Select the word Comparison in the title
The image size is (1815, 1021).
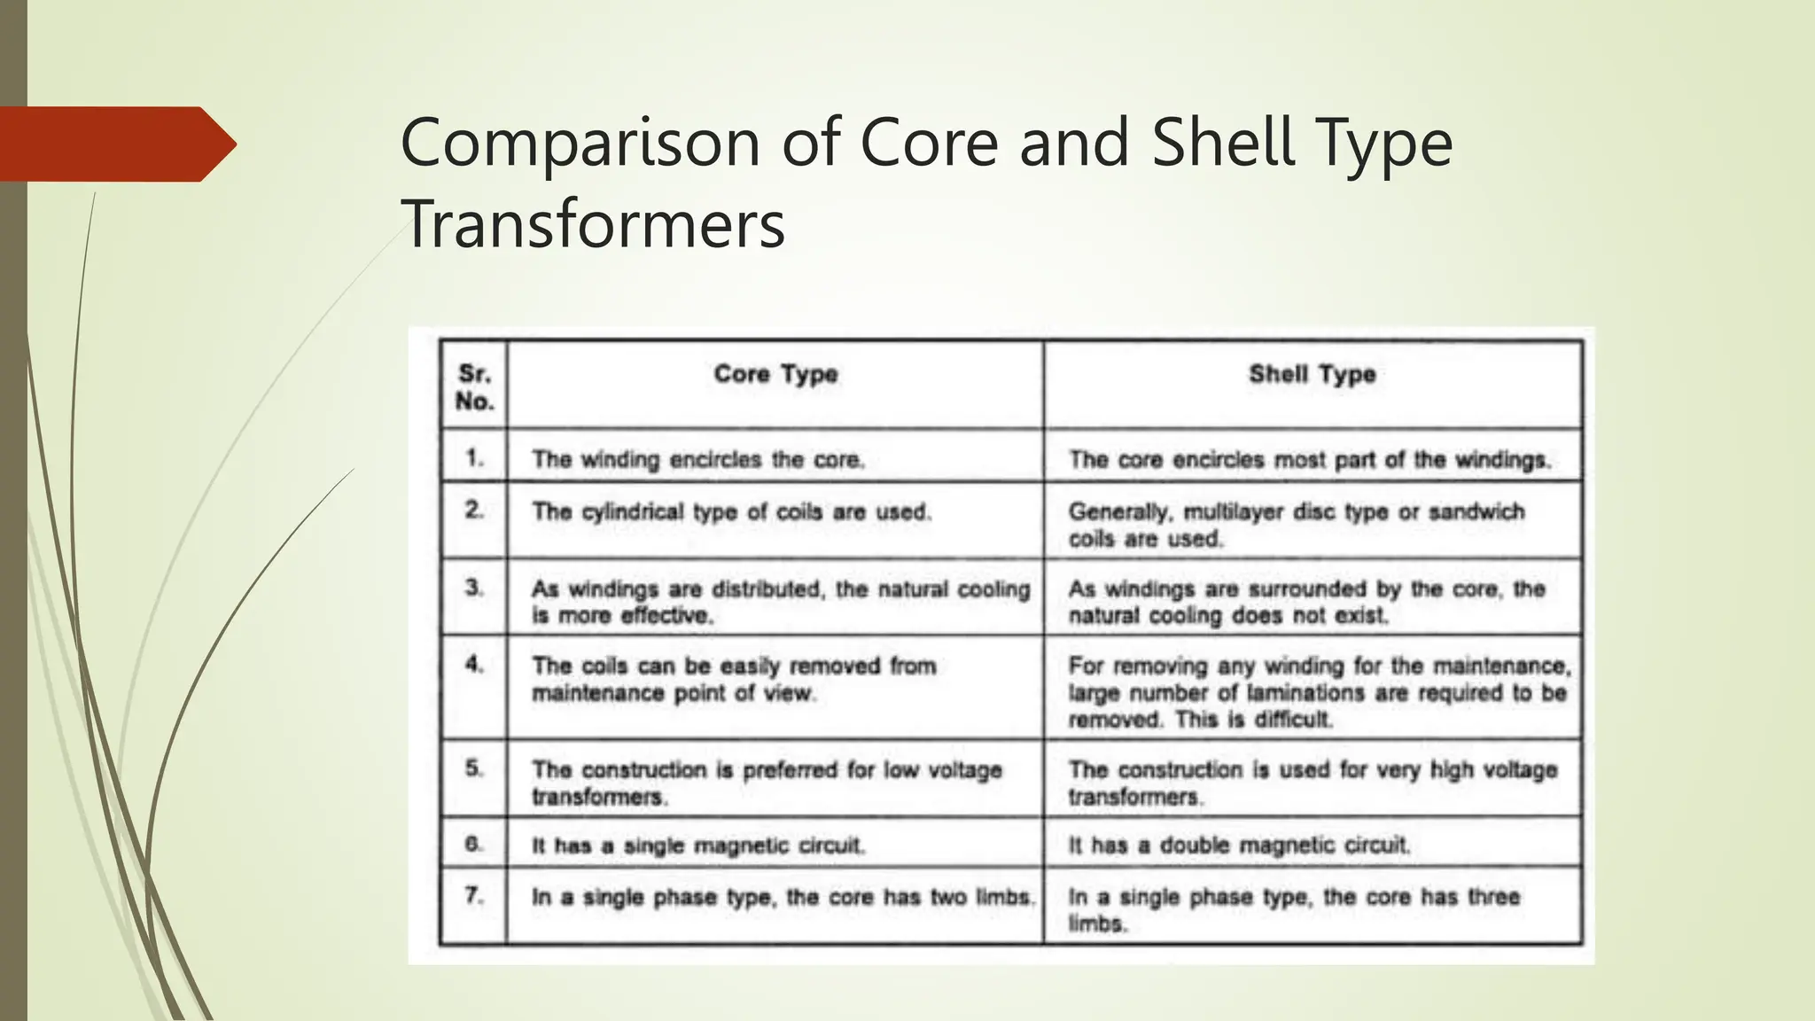[580, 144]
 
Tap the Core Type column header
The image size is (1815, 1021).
[775, 374]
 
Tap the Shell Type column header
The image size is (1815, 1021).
[1312, 374]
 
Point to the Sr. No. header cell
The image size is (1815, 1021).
[474, 387]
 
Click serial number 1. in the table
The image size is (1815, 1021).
[475, 458]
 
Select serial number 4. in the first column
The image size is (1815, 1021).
[475, 664]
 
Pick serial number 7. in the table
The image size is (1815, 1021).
[475, 896]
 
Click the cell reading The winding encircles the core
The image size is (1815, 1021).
[697, 460]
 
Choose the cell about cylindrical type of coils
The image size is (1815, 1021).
[731, 512]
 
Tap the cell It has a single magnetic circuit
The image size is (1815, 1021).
[697, 846]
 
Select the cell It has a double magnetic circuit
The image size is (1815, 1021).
[1238, 846]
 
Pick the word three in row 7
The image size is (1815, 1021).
[1493, 897]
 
